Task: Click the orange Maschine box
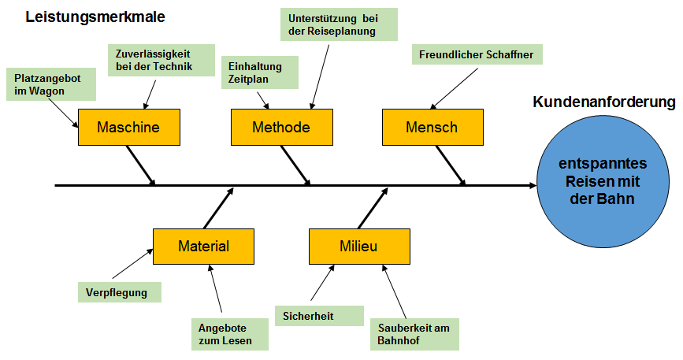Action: (x=129, y=127)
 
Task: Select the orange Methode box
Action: (x=282, y=127)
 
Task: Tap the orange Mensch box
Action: (x=432, y=127)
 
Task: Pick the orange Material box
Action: (x=203, y=247)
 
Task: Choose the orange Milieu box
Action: (x=359, y=247)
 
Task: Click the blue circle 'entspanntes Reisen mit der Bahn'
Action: (x=603, y=181)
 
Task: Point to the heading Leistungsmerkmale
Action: (x=95, y=17)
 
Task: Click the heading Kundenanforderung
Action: (x=604, y=102)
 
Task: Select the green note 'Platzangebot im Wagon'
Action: (x=51, y=84)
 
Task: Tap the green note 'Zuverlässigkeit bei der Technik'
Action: (x=161, y=60)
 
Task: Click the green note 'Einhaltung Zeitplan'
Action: (x=260, y=72)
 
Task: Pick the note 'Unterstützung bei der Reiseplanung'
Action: (x=339, y=24)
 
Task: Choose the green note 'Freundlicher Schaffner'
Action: (x=477, y=54)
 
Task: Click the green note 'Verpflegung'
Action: (x=120, y=292)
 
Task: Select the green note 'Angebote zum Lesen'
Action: (x=230, y=334)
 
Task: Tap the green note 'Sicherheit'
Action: (x=319, y=316)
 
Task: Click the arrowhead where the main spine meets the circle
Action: (x=533, y=185)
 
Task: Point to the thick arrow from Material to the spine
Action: (x=219, y=208)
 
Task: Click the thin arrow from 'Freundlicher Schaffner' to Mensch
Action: (x=454, y=88)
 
